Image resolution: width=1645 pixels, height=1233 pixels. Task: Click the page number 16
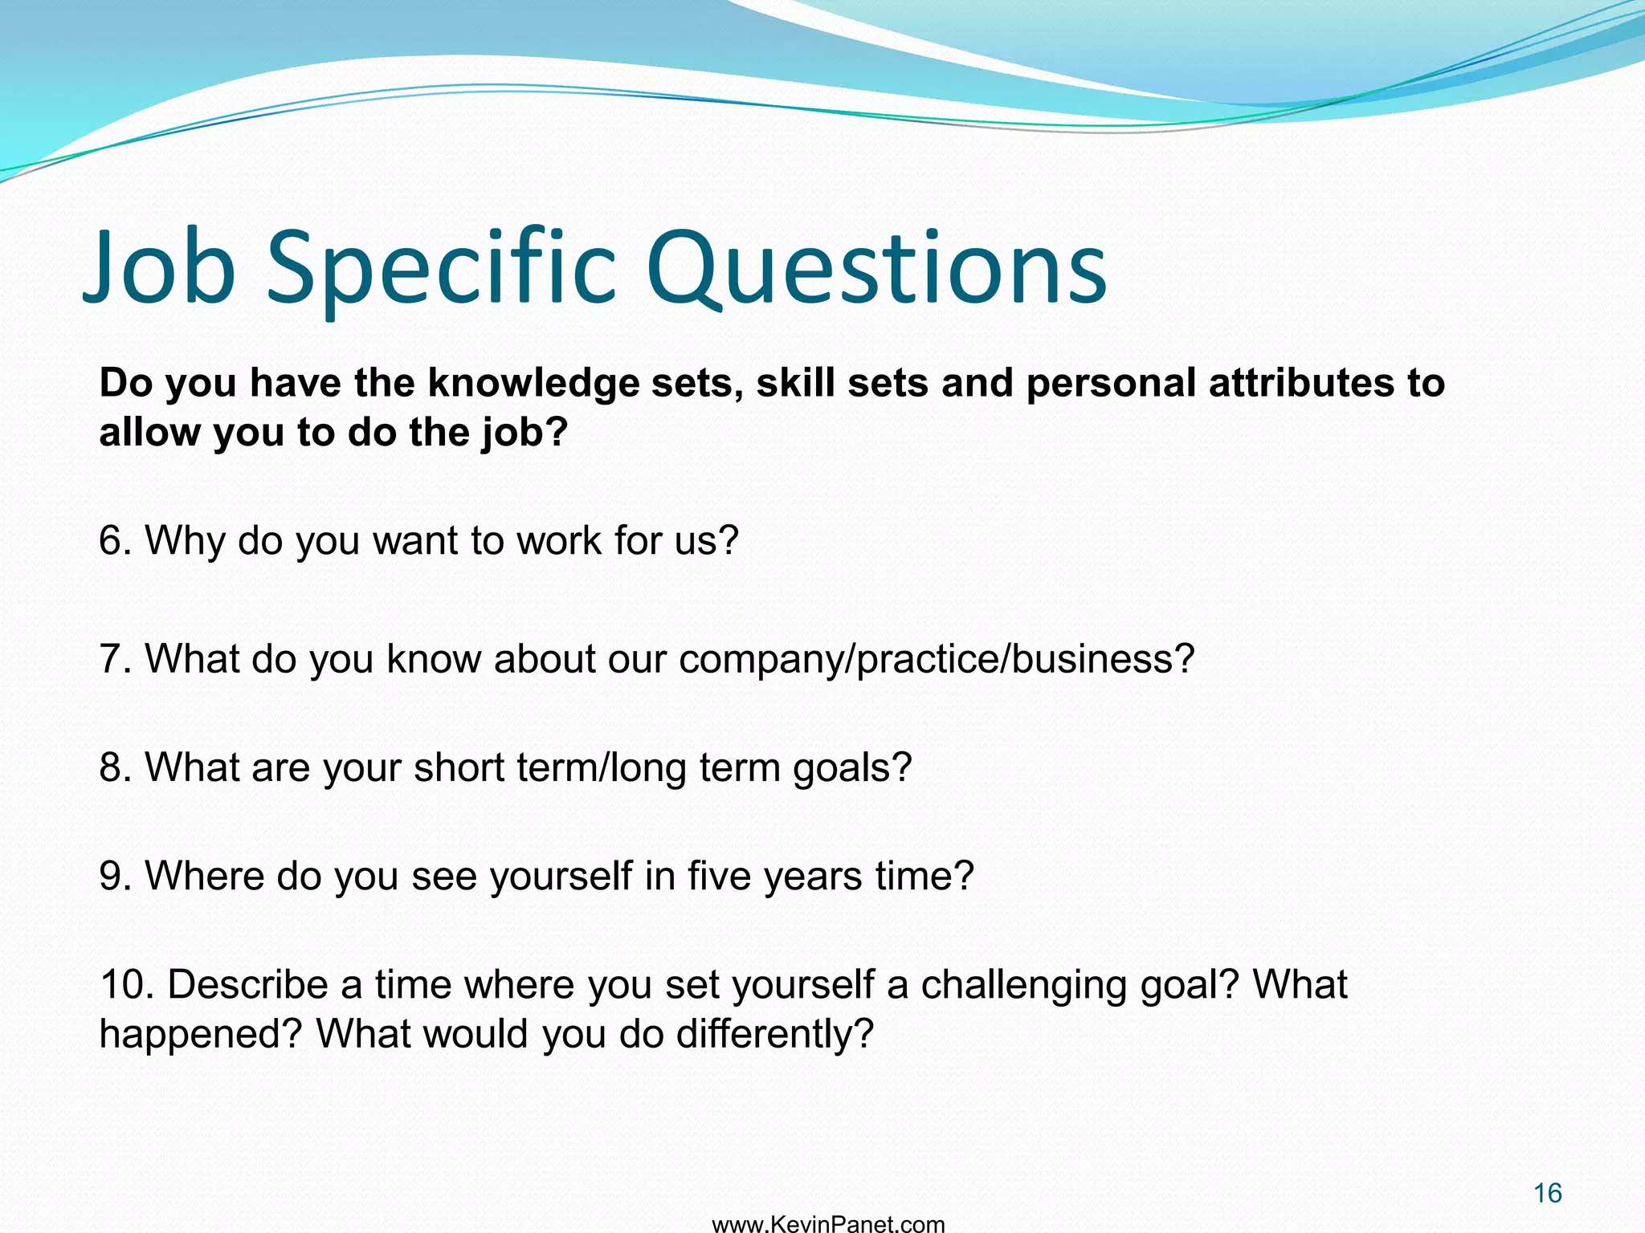click(x=1547, y=1193)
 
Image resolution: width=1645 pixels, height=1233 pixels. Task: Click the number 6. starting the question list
click(x=115, y=540)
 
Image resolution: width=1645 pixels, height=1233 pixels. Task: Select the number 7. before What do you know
click(x=115, y=659)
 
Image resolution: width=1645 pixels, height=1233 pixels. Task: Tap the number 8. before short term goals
click(x=115, y=767)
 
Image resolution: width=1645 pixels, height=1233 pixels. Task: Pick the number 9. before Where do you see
click(x=115, y=876)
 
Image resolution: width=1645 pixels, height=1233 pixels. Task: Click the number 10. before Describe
click(x=126, y=984)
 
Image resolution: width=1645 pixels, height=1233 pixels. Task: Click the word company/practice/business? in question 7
click(x=937, y=660)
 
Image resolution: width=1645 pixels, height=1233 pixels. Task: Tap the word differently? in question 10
click(x=774, y=1034)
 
